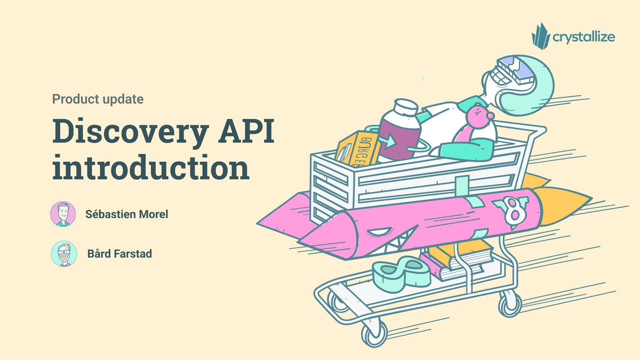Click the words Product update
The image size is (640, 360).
pos(98,99)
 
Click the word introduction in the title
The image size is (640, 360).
pos(151,169)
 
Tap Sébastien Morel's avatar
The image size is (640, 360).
pos(63,214)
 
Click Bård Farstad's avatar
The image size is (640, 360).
pos(64,254)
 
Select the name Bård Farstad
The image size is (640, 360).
pos(119,254)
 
